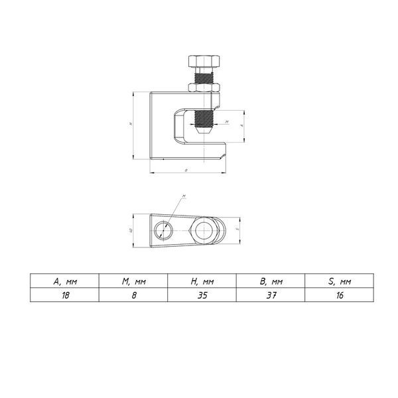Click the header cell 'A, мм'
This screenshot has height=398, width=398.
click(x=65, y=281)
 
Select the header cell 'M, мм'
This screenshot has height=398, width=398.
click(x=134, y=281)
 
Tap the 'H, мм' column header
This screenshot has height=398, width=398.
click(x=202, y=281)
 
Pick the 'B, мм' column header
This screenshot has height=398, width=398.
click(x=271, y=281)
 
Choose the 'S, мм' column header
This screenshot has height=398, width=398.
click(x=340, y=281)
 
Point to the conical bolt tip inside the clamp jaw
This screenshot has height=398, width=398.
click(x=204, y=132)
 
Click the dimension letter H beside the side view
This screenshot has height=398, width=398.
click(x=131, y=124)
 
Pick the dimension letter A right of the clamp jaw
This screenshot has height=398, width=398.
click(x=242, y=124)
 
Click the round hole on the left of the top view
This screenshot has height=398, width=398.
click(x=163, y=232)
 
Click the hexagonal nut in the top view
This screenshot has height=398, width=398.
click(x=204, y=231)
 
